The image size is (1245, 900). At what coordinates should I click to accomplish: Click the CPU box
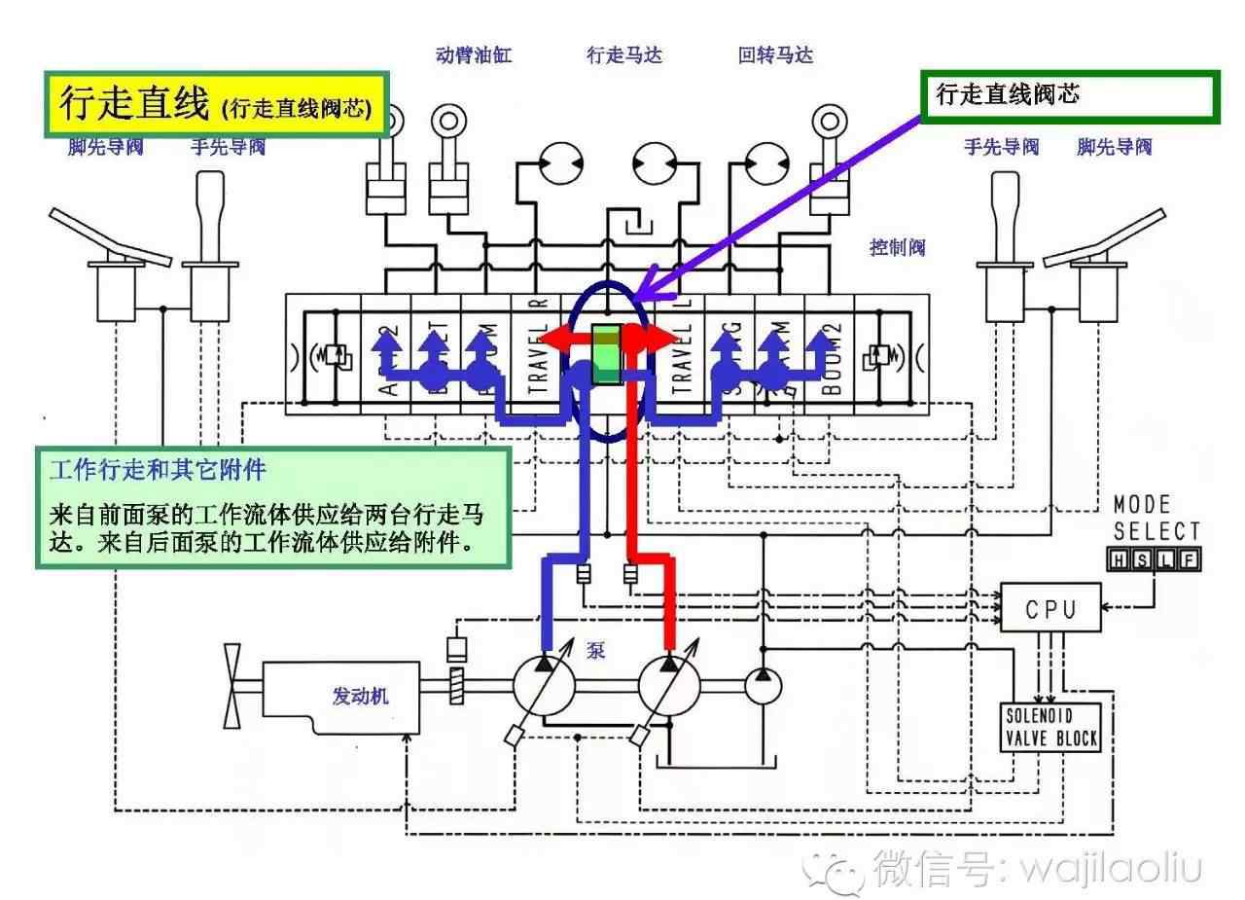(1051, 608)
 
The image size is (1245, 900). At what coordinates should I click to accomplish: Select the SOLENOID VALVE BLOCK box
(1050, 727)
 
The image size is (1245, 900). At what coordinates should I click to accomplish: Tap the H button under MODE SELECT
(1119, 559)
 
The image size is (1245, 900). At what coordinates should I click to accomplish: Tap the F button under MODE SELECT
(1189, 559)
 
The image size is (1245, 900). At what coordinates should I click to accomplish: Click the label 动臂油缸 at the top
(474, 55)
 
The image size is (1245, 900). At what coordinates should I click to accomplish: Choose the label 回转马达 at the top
(775, 55)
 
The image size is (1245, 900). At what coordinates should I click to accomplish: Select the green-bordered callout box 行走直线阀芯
(1068, 96)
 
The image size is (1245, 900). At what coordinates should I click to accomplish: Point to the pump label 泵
(595, 649)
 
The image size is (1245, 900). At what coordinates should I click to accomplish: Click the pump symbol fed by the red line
(669, 684)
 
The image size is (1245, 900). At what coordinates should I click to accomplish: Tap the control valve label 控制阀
(897, 247)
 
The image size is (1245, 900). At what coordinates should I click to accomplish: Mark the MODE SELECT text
(1156, 519)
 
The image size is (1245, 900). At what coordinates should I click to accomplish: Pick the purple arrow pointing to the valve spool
(778, 204)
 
